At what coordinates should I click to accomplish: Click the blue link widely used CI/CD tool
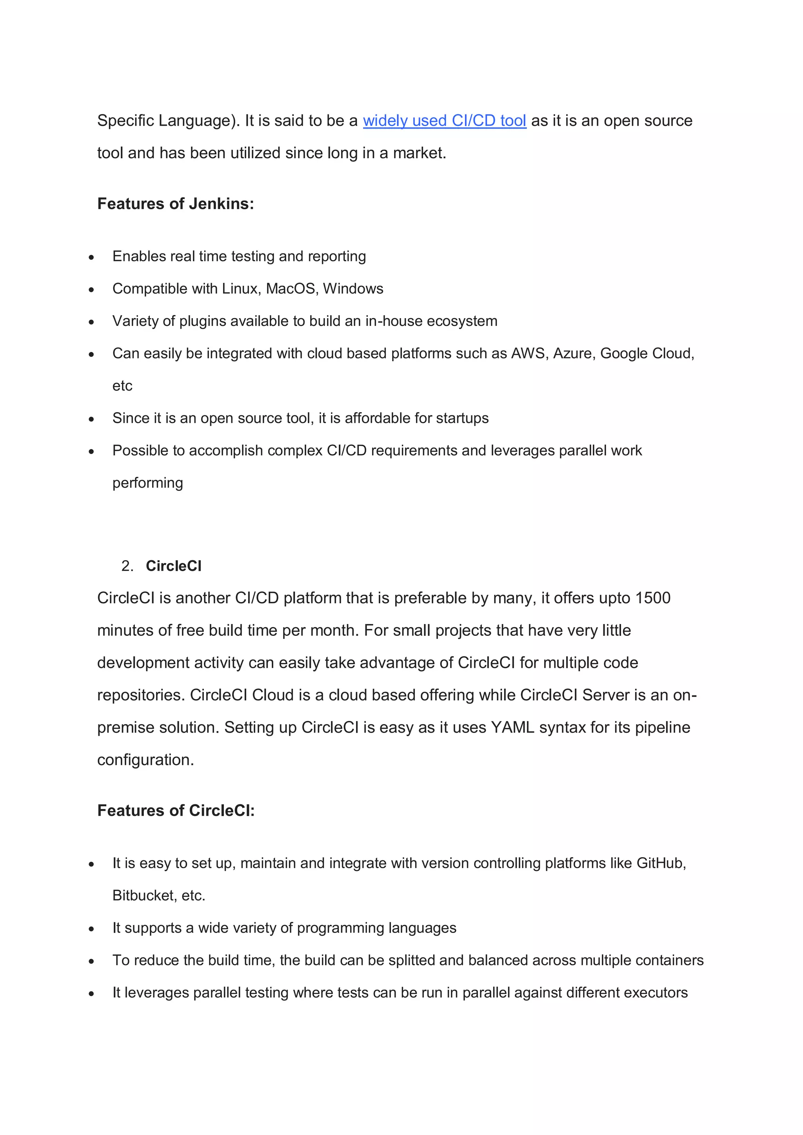tap(444, 121)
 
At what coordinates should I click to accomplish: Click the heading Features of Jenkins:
tap(175, 204)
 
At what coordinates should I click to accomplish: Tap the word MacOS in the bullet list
tap(292, 289)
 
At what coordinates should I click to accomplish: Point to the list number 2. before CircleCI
tap(127, 566)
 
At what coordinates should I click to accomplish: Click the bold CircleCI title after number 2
tap(173, 566)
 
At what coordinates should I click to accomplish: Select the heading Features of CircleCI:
tap(176, 811)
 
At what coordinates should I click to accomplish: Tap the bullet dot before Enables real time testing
tap(91, 257)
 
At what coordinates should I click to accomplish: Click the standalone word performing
tap(147, 483)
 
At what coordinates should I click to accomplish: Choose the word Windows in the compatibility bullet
tap(353, 289)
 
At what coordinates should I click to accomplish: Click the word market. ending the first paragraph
tap(419, 153)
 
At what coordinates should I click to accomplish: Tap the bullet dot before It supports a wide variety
tap(91, 929)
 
